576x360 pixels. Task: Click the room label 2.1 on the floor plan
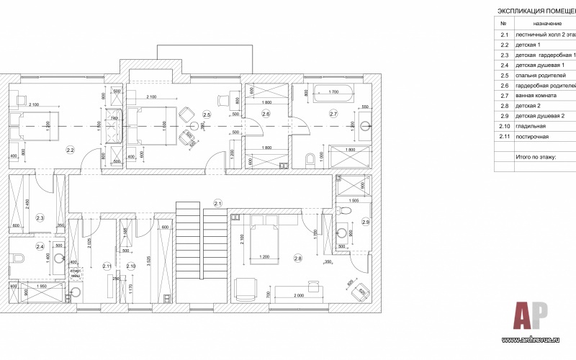(217, 202)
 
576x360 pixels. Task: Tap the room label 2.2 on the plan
(70, 150)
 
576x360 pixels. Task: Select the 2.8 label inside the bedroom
(299, 257)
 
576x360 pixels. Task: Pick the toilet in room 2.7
(310, 158)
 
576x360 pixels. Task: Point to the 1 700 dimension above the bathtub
(333, 91)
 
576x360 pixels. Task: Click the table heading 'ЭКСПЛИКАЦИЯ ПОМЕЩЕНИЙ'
(536, 12)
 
